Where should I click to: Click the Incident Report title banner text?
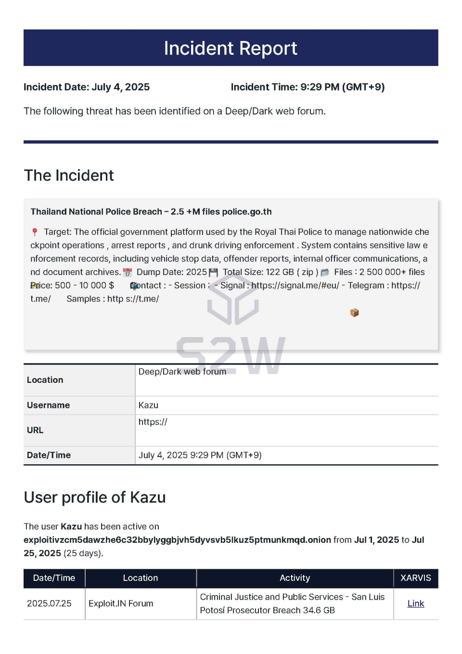click(x=231, y=48)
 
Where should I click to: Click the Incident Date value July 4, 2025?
click(x=120, y=87)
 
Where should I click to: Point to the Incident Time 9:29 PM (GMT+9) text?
click(x=342, y=87)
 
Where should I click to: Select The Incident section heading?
click(x=69, y=175)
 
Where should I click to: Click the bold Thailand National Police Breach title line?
click(x=151, y=212)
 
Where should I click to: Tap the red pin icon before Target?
click(x=35, y=232)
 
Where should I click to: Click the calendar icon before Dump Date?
click(x=128, y=272)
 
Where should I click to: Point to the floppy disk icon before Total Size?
click(x=213, y=273)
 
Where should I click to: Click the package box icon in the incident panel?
click(x=355, y=313)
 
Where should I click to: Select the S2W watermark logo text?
click(x=231, y=355)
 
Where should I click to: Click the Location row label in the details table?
click(x=45, y=380)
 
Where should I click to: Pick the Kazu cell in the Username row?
click(x=148, y=405)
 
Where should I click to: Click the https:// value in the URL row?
click(x=153, y=422)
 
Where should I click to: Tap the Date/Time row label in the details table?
click(x=49, y=455)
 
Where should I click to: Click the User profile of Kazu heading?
click(x=95, y=497)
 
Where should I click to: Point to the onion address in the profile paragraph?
click(x=177, y=540)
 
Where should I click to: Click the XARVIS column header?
click(x=415, y=578)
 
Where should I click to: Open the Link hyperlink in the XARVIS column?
click(x=415, y=603)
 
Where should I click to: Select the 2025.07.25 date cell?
click(x=49, y=603)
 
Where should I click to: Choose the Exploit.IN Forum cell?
click(x=121, y=603)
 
